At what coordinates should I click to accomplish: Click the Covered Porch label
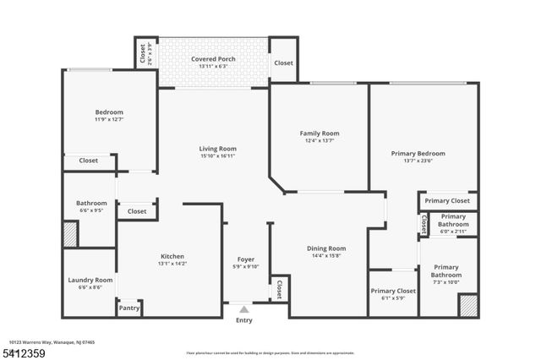(x=213, y=58)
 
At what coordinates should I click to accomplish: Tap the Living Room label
(x=217, y=148)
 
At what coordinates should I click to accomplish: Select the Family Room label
(x=319, y=133)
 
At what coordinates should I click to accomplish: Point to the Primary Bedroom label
(x=418, y=153)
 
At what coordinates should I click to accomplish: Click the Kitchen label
(x=172, y=256)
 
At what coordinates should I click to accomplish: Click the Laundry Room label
(x=90, y=280)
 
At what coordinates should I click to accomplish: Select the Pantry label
(x=128, y=308)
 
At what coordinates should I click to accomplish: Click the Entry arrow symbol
(x=244, y=309)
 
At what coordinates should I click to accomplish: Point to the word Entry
(x=244, y=320)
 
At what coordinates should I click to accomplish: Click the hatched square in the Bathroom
(x=70, y=233)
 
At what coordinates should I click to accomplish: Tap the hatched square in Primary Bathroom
(x=467, y=306)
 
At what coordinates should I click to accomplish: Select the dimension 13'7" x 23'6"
(x=418, y=161)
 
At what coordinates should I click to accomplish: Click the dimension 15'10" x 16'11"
(x=217, y=156)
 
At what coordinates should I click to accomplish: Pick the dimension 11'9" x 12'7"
(x=109, y=119)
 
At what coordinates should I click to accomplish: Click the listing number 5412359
(x=24, y=352)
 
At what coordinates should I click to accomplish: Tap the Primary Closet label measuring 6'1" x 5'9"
(x=393, y=291)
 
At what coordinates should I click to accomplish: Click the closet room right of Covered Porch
(x=283, y=63)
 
